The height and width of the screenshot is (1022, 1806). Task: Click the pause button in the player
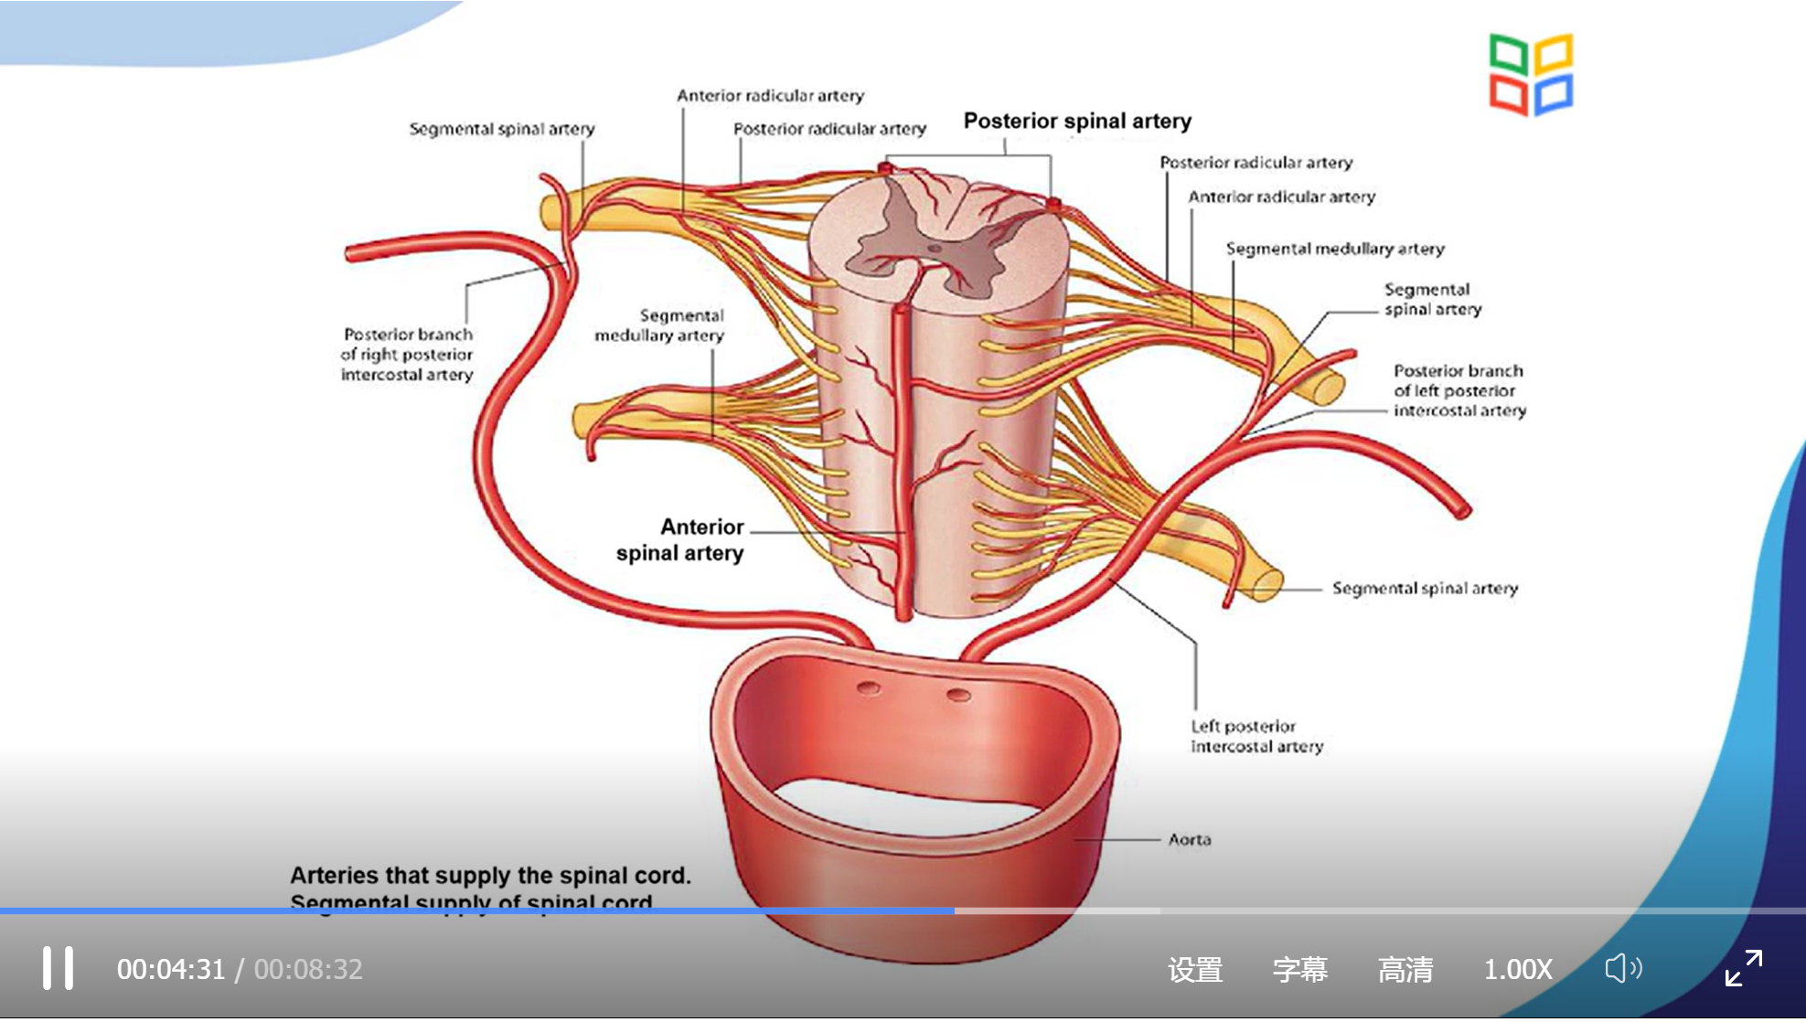(x=58, y=968)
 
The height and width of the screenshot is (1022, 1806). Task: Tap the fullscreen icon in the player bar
(x=1743, y=968)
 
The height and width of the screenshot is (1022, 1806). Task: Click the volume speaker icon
(x=1623, y=968)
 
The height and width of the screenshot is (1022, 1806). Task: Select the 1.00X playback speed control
(x=1517, y=969)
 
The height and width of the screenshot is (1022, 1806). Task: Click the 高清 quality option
(x=1405, y=969)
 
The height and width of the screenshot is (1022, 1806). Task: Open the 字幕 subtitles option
(x=1299, y=969)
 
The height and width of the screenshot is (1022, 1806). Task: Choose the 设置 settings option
(x=1194, y=969)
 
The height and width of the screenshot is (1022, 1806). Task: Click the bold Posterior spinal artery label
(x=1077, y=121)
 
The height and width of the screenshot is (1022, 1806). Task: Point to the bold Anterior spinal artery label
(x=681, y=539)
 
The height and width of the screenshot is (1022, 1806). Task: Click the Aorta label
(x=1189, y=839)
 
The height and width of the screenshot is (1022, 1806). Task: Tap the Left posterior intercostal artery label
(x=1256, y=736)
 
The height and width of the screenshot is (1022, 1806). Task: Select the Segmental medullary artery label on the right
(x=1334, y=249)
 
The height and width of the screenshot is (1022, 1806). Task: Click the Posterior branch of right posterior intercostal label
(x=407, y=355)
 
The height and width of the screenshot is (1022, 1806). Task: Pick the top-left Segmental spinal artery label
(x=501, y=129)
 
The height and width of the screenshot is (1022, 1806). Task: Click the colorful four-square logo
(x=1530, y=75)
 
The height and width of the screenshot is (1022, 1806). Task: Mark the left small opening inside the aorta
(x=868, y=687)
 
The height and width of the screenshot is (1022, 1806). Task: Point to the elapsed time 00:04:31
(x=170, y=969)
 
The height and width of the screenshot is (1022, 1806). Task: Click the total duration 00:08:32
(x=308, y=969)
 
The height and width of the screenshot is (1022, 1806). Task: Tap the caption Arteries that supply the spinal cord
(x=490, y=875)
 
